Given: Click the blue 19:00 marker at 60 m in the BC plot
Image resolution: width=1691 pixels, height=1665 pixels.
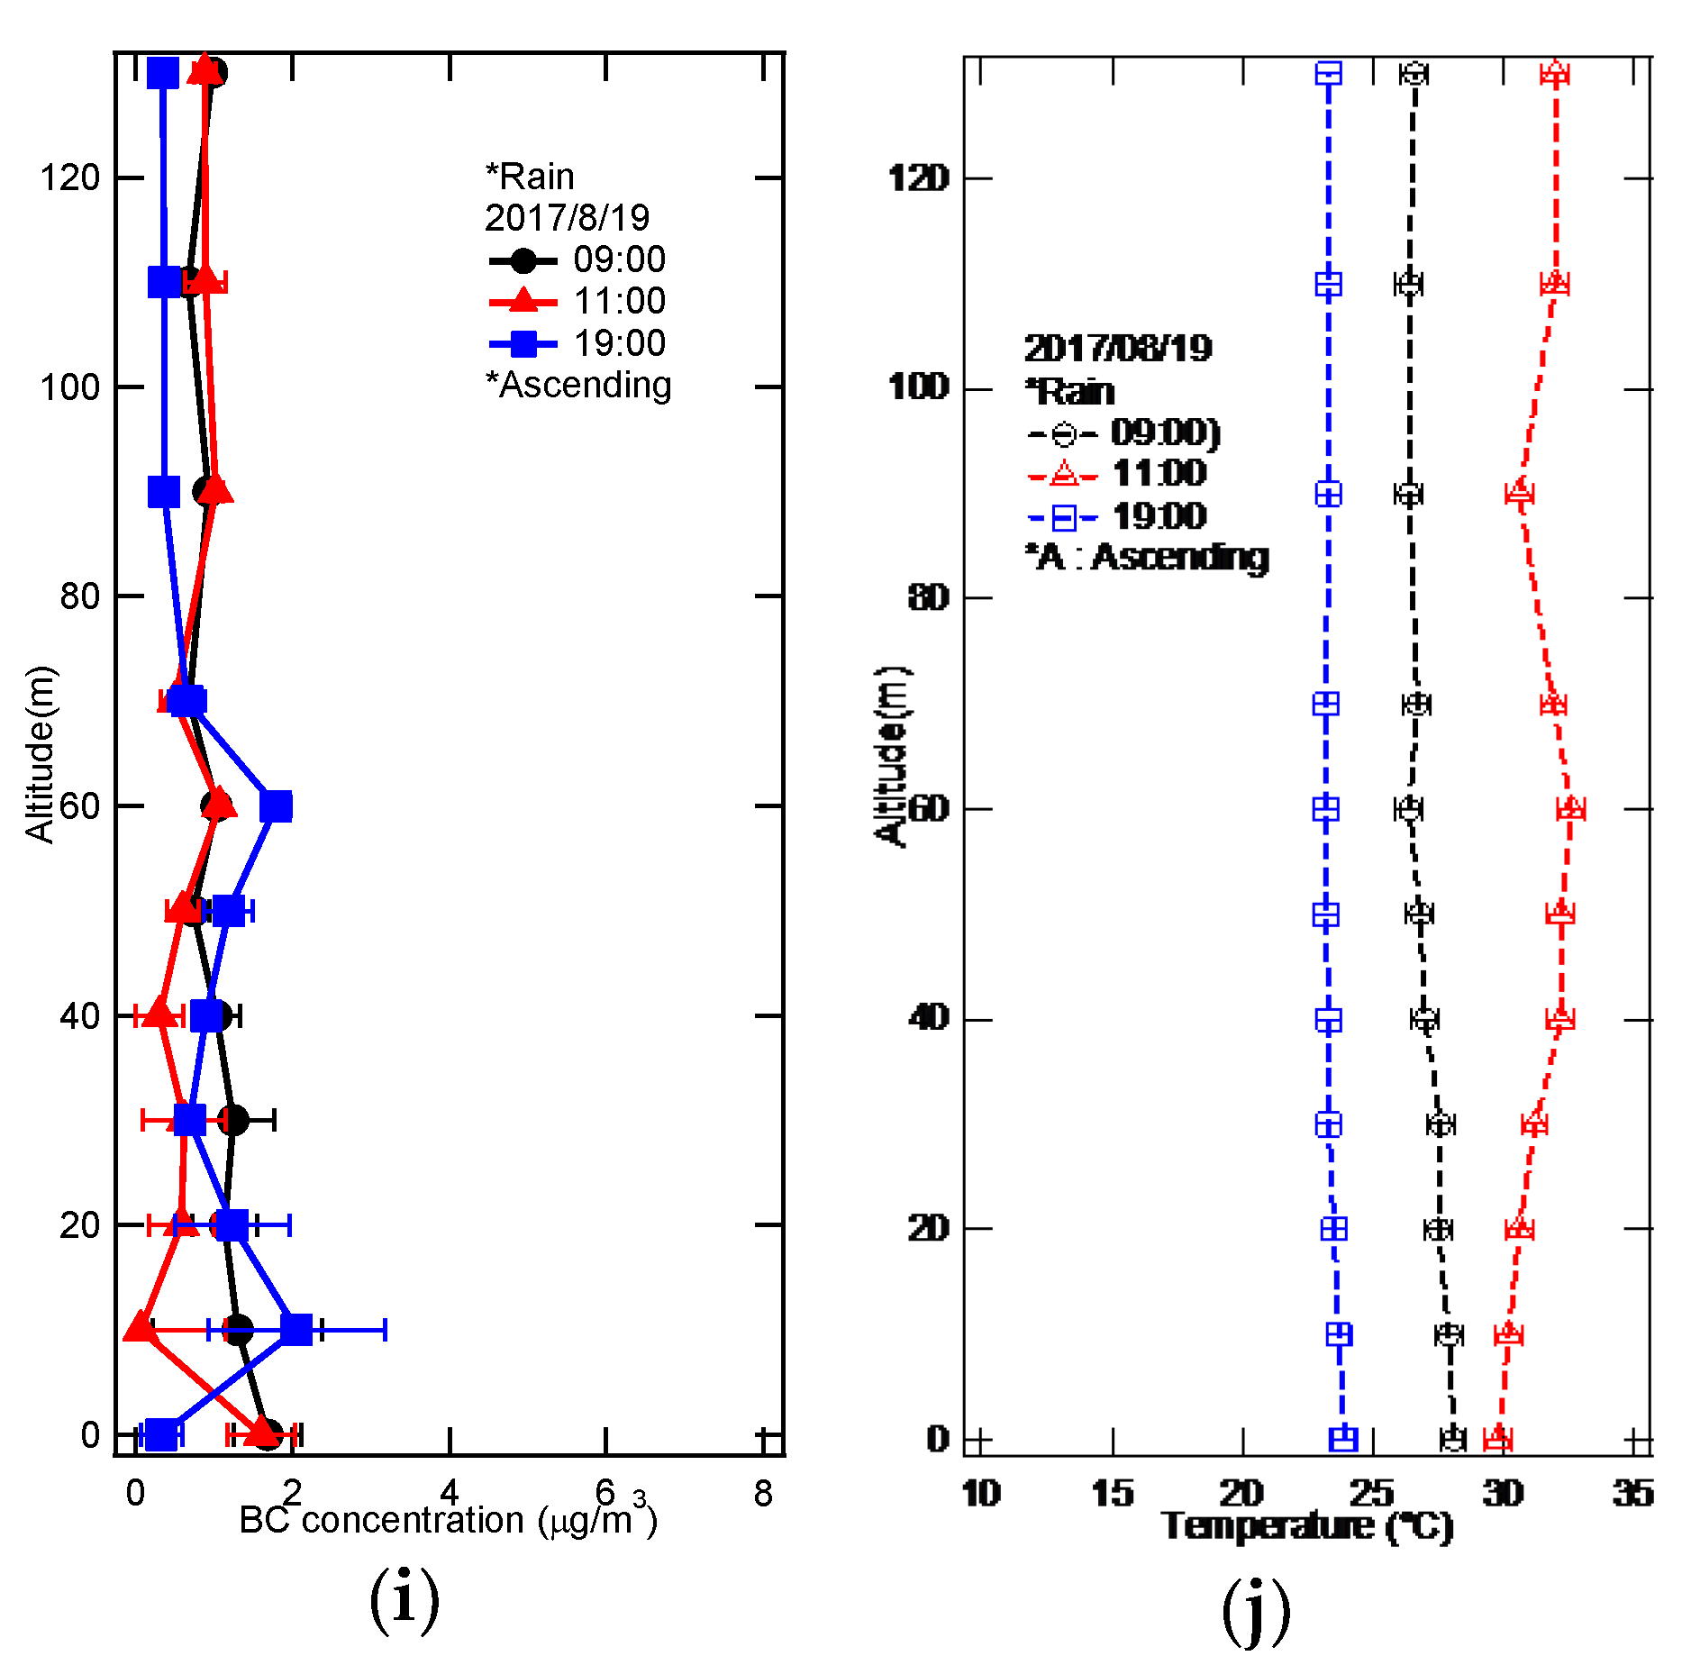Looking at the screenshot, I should tap(276, 805).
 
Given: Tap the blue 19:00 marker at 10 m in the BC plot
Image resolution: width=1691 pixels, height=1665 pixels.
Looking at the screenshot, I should tap(295, 1329).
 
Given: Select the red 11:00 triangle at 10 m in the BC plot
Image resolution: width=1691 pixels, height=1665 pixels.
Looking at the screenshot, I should tap(139, 1327).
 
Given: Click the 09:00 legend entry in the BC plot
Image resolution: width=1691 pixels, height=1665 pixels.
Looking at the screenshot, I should tap(577, 260).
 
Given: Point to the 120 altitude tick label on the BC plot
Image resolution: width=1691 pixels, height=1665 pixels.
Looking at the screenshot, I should tap(69, 177).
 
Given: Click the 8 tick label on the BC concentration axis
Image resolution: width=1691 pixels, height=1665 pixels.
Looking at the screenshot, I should tap(763, 1494).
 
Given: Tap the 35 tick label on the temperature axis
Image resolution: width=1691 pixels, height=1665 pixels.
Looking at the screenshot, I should tap(1632, 1494).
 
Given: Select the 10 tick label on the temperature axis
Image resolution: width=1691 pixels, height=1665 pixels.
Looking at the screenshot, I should tap(981, 1494).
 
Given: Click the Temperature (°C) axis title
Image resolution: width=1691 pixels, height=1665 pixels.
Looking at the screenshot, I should tap(1307, 1527).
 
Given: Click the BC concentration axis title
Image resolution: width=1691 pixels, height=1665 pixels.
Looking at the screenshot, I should tap(448, 1522).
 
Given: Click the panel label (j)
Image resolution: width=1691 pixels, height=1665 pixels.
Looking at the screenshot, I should tap(1256, 1610).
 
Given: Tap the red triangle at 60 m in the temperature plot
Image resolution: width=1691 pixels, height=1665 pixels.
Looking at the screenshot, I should tap(1570, 808).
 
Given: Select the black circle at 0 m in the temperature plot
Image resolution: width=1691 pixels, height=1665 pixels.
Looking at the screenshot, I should tap(1452, 1439).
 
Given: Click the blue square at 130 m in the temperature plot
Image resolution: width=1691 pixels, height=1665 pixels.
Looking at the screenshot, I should tap(1328, 73).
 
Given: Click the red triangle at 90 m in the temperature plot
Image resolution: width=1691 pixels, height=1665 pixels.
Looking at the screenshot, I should tap(1520, 493).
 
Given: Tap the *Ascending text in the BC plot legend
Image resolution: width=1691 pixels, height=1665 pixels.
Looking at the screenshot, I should tap(578, 385).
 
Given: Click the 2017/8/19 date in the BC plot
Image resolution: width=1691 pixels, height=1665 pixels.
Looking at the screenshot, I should tap(567, 218).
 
